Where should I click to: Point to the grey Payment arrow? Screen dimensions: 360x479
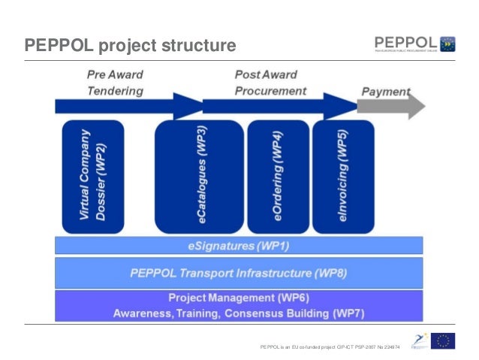pyautogui.click(x=390, y=107)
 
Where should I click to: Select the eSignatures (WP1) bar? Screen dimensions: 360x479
pyautogui.click(x=239, y=245)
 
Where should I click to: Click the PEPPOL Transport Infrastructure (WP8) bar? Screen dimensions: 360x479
pyautogui.click(x=239, y=272)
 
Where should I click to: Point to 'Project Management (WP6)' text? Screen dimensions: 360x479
pyautogui.click(x=239, y=298)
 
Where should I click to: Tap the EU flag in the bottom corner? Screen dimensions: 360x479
pyautogui.click(x=445, y=342)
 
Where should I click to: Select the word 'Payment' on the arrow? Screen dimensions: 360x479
pyautogui.click(x=386, y=92)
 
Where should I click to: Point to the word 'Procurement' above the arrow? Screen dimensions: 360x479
pyautogui.click(x=270, y=90)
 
